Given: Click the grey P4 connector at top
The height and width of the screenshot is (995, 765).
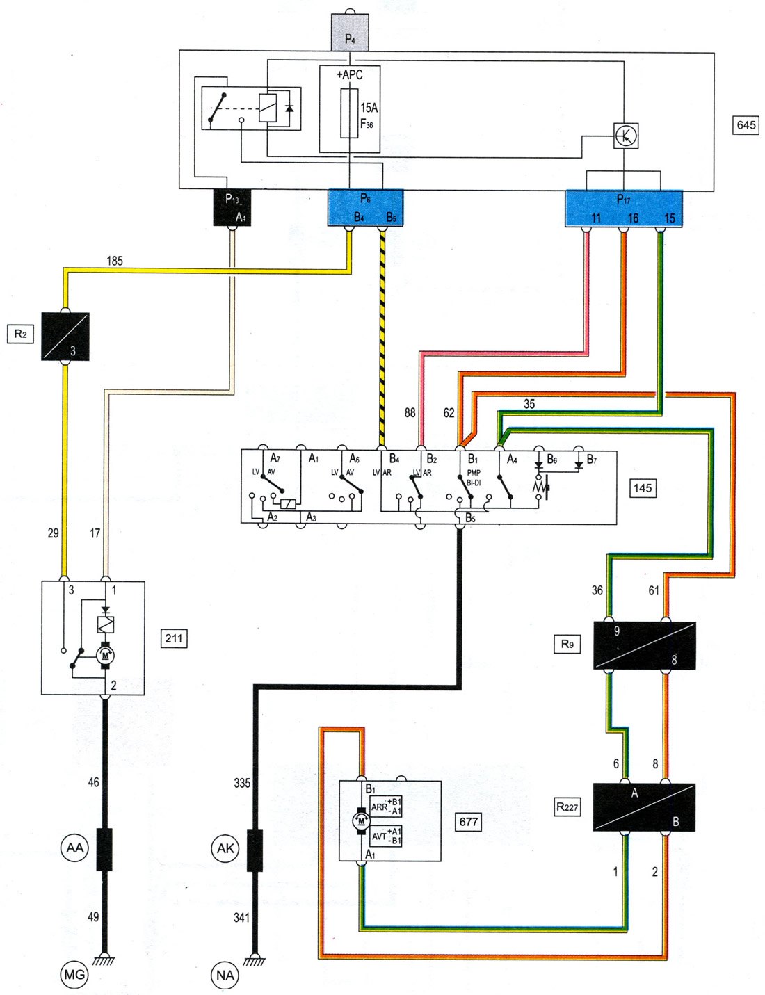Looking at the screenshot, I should point(350,32).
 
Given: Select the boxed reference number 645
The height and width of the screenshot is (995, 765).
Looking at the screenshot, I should point(746,125).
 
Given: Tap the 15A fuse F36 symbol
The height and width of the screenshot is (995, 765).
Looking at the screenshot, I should point(350,113).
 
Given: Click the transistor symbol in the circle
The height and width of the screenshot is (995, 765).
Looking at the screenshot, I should point(626,136).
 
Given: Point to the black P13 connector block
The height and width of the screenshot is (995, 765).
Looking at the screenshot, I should point(231,207).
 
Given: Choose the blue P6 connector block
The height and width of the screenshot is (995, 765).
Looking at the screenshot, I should point(365,208).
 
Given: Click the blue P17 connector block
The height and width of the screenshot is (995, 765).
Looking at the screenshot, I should point(624,208).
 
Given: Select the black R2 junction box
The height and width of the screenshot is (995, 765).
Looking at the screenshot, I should point(66,336).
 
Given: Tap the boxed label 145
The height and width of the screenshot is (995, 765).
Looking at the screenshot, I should point(642,488).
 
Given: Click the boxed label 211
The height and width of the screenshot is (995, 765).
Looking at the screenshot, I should point(174,638).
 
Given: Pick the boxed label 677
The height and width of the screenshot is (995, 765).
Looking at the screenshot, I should point(468,821).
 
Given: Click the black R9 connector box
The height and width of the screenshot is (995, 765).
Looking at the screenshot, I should point(644,645).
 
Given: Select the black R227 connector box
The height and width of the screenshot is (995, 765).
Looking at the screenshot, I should point(643,807).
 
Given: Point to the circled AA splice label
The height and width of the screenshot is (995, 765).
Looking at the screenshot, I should point(74,848).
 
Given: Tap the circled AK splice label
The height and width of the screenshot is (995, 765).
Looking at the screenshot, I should point(225,848).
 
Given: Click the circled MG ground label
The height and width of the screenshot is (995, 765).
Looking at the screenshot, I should point(74,975).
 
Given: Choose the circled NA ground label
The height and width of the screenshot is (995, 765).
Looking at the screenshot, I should point(225,975).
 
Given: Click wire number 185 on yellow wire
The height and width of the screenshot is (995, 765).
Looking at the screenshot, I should point(115,261).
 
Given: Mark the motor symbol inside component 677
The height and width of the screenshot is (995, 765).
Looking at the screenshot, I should point(361,820).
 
